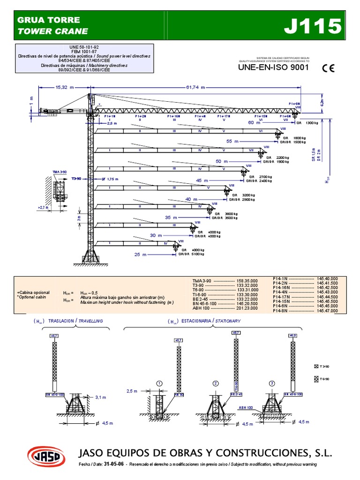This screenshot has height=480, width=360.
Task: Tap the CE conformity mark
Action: [x=328, y=68]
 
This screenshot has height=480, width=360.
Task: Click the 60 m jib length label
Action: [x=254, y=122]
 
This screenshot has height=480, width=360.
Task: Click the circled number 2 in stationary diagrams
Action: [x=216, y=383]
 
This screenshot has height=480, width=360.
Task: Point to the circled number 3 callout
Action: [x=271, y=383]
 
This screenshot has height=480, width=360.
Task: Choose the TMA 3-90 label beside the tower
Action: [x=60, y=172]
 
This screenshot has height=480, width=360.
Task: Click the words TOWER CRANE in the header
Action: [x=52, y=31]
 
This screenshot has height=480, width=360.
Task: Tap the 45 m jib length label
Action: [x=202, y=180]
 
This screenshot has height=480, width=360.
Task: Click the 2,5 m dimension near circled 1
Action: [x=132, y=390]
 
